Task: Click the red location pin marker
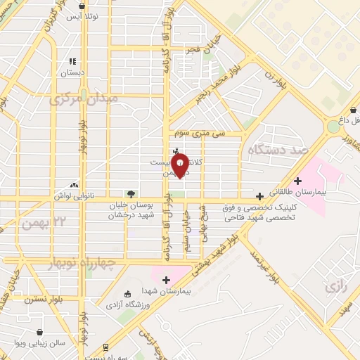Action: [181, 165]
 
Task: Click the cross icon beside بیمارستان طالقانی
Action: [298, 181]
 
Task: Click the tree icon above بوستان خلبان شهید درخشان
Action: [131, 193]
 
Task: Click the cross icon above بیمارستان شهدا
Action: [166, 281]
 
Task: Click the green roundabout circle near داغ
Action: [333, 127]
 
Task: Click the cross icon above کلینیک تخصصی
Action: [260, 196]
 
